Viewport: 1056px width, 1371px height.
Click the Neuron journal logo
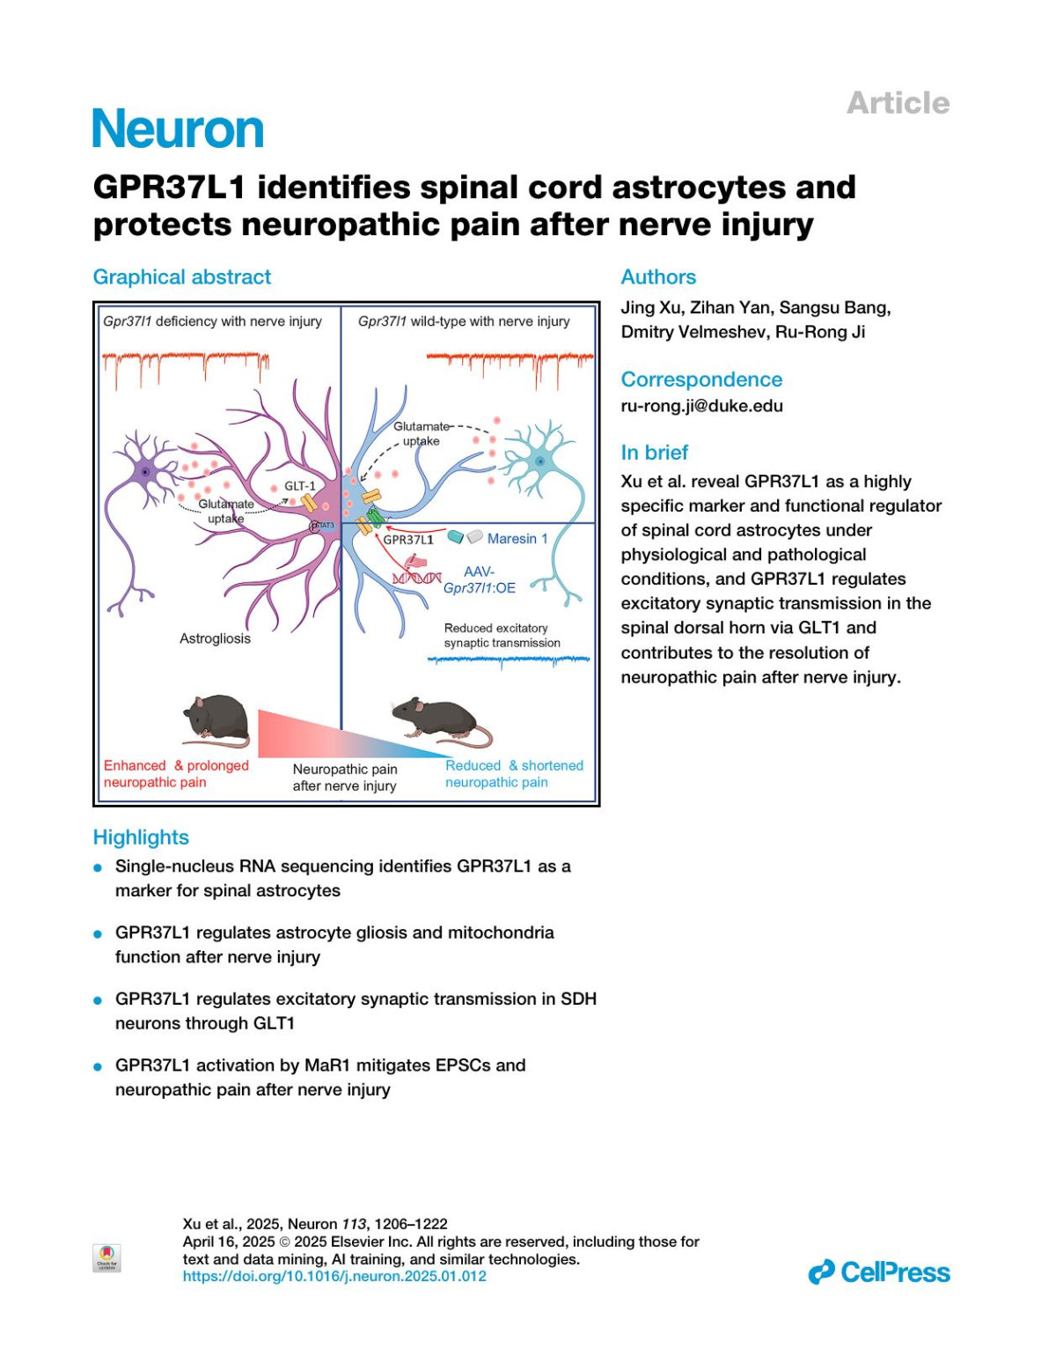(x=178, y=129)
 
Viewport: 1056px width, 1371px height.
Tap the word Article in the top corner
(x=898, y=103)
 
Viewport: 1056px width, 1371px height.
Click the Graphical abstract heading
(x=182, y=277)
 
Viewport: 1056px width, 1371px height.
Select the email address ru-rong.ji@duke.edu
(x=701, y=406)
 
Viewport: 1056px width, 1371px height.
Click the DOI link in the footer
(x=334, y=1276)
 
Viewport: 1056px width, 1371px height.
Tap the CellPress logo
(x=879, y=1272)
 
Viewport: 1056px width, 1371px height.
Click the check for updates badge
(x=106, y=1257)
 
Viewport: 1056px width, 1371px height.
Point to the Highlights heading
(x=141, y=837)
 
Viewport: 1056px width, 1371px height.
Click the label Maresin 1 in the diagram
(x=517, y=539)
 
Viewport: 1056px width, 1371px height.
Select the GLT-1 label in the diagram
(x=299, y=486)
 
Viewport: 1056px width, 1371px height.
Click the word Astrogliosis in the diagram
(x=215, y=638)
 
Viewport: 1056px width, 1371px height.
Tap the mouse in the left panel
(x=216, y=717)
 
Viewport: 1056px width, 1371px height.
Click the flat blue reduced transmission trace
(x=508, y=660)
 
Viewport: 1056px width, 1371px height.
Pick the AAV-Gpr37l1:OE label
(x=480, y=580)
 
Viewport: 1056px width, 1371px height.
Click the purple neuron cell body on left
(x=144, y=474)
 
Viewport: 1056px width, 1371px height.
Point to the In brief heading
(x=654, y=453)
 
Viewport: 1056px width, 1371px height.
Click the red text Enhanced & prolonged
(x=176, y=766)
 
